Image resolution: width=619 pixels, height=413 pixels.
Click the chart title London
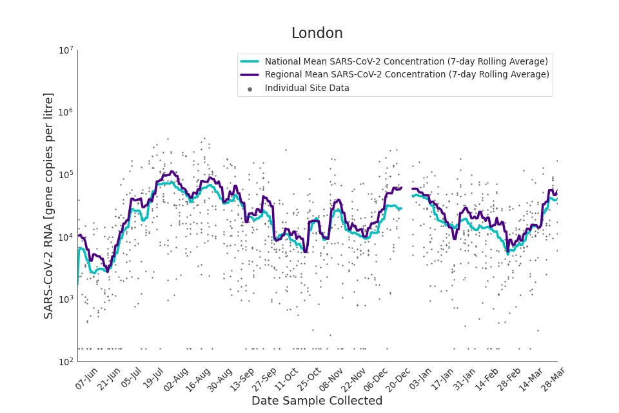(x=317, y=34)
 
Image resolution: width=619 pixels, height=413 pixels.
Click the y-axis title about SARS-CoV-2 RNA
(x=49, y=205)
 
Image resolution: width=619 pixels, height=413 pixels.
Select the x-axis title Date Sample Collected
(x=317, y=401)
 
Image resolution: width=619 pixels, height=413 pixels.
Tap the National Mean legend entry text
(x=406, y=62)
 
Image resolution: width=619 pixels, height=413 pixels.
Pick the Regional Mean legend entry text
(x=407, y=75)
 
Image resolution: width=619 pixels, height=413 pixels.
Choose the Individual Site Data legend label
(x=307, y=88)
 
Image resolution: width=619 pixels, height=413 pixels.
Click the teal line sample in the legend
(x=250, y=62)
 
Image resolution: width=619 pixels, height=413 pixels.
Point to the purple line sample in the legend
(x=250, y=75)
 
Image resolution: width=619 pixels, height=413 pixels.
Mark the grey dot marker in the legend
(x=250, y=89)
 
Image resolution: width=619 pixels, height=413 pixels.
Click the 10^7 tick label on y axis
(x=66, y=50)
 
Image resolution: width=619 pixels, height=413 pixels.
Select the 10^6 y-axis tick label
(x=66, y=112)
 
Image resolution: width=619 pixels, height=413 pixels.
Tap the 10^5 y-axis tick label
(x=66, y=175)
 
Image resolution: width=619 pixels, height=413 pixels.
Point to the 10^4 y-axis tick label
(x=66, y=237)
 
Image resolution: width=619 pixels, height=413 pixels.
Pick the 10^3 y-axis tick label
(x=66, y=299)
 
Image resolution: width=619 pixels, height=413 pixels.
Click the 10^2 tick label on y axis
(x=66, y=362)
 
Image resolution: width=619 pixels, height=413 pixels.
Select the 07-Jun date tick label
(x=86, y=379)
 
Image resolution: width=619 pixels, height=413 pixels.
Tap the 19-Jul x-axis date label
(x=152, y=379)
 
